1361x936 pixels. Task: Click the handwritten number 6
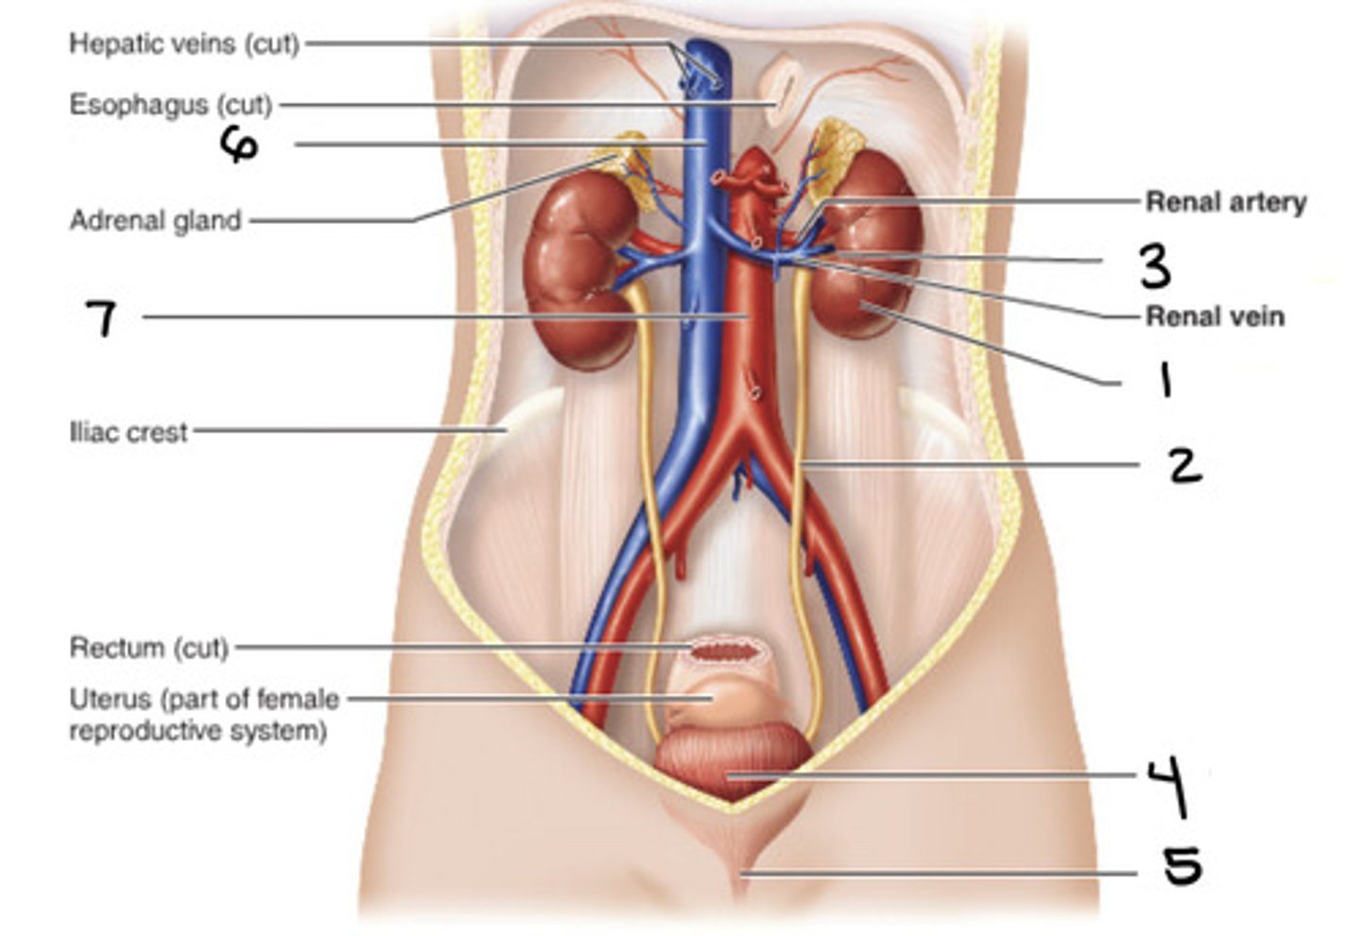click(239, 145)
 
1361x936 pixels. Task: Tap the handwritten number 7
click(101, 318)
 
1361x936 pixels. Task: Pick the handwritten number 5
click(1181, 866)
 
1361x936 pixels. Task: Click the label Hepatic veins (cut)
click(184, 43)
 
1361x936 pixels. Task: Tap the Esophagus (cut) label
click(171, 104)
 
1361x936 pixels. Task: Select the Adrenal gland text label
click(156, 220)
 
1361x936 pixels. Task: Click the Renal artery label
click(1226, 201)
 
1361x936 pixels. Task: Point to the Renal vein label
click(1215, 316)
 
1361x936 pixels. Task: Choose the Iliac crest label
click(129, 433)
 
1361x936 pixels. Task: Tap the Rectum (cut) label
click(149, 649)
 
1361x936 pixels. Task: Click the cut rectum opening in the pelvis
click(726, 650)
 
